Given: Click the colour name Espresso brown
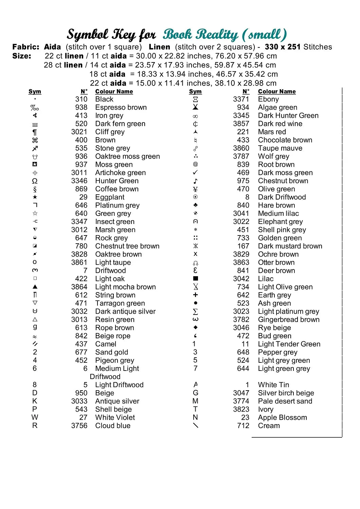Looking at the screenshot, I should [121, 108].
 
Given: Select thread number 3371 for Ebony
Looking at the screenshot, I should [241, 99].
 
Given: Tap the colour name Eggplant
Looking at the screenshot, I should [110, 197].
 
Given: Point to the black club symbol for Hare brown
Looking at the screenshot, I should [195, 205].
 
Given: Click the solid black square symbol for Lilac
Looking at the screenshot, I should [195, 279].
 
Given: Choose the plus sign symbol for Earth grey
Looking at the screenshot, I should [195, 295].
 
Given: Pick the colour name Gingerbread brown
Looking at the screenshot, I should [289, 320].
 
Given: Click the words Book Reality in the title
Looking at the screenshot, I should [200, 35].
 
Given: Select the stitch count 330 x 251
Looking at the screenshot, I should [283, 47].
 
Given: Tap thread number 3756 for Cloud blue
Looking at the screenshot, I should [79, 426].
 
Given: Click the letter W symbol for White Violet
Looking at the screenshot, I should [35, 417].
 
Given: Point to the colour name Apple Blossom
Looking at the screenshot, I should [282, 418].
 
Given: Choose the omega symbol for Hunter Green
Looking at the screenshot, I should [35, 181].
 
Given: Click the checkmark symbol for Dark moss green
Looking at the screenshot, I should [195, 173].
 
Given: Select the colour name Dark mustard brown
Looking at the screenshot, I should [290, 246].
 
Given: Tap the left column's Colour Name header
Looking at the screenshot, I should [114, 92].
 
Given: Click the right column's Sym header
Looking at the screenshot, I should [195, 92].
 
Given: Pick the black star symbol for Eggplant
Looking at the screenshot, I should [35, 197].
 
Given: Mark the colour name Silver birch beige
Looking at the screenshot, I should [286, 393].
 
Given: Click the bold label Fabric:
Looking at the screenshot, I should [26, 47].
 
